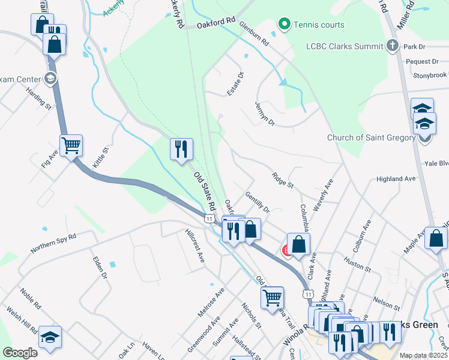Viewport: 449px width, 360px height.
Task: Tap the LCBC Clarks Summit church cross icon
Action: [x=393, y=46]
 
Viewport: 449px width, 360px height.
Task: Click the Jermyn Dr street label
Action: [x=264, y=113]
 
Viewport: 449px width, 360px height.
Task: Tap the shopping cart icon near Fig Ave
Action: [x=71, y=145]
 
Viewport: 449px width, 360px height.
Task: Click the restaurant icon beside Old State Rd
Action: [x=182, y=148]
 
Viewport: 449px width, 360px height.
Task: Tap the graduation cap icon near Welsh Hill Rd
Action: [x=50, y=336]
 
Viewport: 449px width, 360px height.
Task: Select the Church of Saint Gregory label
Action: [x=371, y=137]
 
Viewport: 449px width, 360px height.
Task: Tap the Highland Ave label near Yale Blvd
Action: [x=396, y=179]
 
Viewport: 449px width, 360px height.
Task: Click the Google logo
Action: [x=20, y=353]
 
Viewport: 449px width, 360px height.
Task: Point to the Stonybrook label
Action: [x=430, y=76]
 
